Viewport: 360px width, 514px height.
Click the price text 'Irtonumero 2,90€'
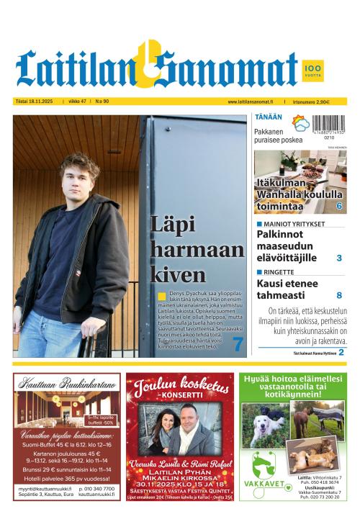click(x=311, y=102)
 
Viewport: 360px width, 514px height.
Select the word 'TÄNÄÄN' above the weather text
click(x=267, y=117)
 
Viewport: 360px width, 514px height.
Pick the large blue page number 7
click(x=238, y=345)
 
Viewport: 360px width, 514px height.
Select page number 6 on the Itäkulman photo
click(x=338, y=206)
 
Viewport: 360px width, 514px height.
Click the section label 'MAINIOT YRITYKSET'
click(x=290, y=224)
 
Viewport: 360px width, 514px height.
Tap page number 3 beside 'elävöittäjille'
click(x=339, y=258)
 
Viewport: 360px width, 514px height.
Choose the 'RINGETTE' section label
click(x=277, y=272)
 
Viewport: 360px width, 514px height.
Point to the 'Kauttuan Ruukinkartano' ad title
click(x=67, y=385)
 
